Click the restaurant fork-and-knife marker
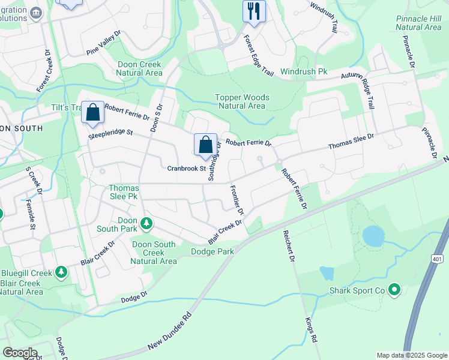click(x=254, y=11)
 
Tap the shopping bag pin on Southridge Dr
click(x=205, y=145)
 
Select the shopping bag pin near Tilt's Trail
click(x=93, y=113)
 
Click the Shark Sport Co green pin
click(x=394, y=290)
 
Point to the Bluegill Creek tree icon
click(x=61, y=272)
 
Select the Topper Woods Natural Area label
click(x=243, y=101)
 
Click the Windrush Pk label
click(x=303, y=71)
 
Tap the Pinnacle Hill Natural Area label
click(x=418, y=23)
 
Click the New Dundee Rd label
click(x=170, y=332)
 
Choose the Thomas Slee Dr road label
click(x=351, y=142)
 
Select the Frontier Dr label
click(x=237, y=200)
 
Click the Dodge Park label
click(x=212, y=251)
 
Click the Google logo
click(x=19, y=353)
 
